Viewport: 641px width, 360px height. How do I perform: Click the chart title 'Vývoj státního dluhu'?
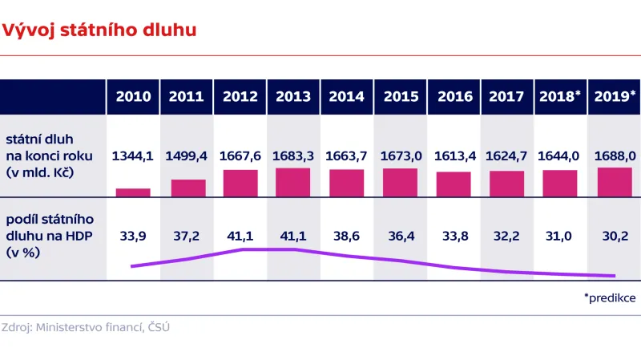(100, 30)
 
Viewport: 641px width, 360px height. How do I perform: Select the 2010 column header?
(133, 97)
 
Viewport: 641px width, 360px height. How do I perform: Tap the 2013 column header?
(293, 97)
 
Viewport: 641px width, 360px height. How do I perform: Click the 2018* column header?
(560, 97)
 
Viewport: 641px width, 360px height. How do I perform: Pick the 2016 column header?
(454, 97)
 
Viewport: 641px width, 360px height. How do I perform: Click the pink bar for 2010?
(133, 192)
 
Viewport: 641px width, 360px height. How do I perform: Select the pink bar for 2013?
(293, 182)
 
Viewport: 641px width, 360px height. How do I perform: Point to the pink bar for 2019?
(614, 182)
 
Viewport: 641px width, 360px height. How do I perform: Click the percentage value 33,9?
(133, 236)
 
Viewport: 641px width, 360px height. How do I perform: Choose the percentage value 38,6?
(347, 236)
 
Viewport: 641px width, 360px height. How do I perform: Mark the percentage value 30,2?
(614, 236)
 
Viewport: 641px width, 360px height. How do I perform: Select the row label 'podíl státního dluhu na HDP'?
(50, 236)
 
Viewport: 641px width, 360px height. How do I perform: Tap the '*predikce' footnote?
(610, 297)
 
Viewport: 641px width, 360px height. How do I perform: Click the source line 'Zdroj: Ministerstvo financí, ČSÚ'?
(86, 327)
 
